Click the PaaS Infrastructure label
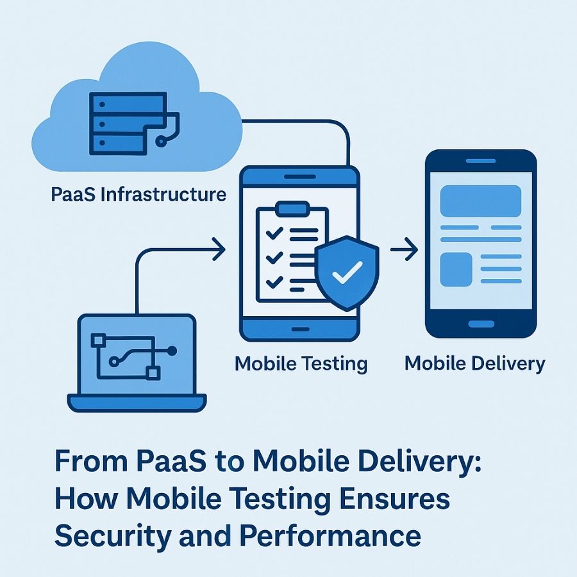coord(138,194)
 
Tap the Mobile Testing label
coord(301,364)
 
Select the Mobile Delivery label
coord(474,364)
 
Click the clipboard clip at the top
coord(292,208)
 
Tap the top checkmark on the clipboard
coord(274,234)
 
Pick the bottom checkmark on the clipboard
coord(274,281)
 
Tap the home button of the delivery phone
coord(481,324)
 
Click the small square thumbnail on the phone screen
coord(455,269)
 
